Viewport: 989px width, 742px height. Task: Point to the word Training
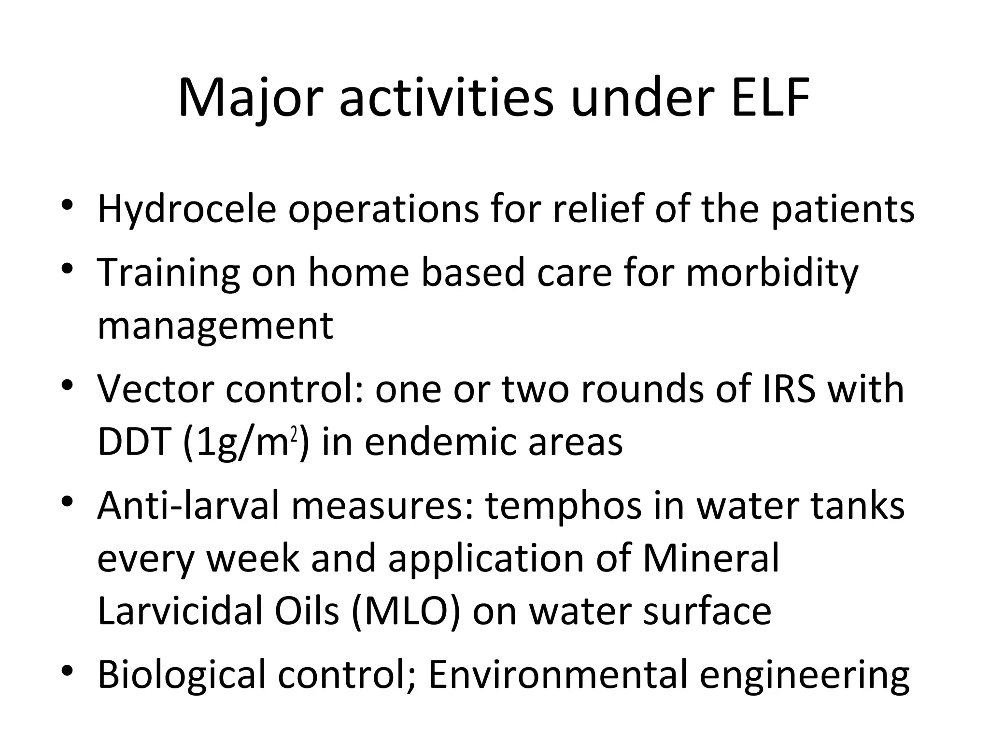[x=168, y=272]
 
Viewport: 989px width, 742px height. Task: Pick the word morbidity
[x=772, y=272]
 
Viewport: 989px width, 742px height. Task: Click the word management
[x=215, y=325]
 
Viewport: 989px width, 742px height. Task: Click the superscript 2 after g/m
[x=294, y=435]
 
